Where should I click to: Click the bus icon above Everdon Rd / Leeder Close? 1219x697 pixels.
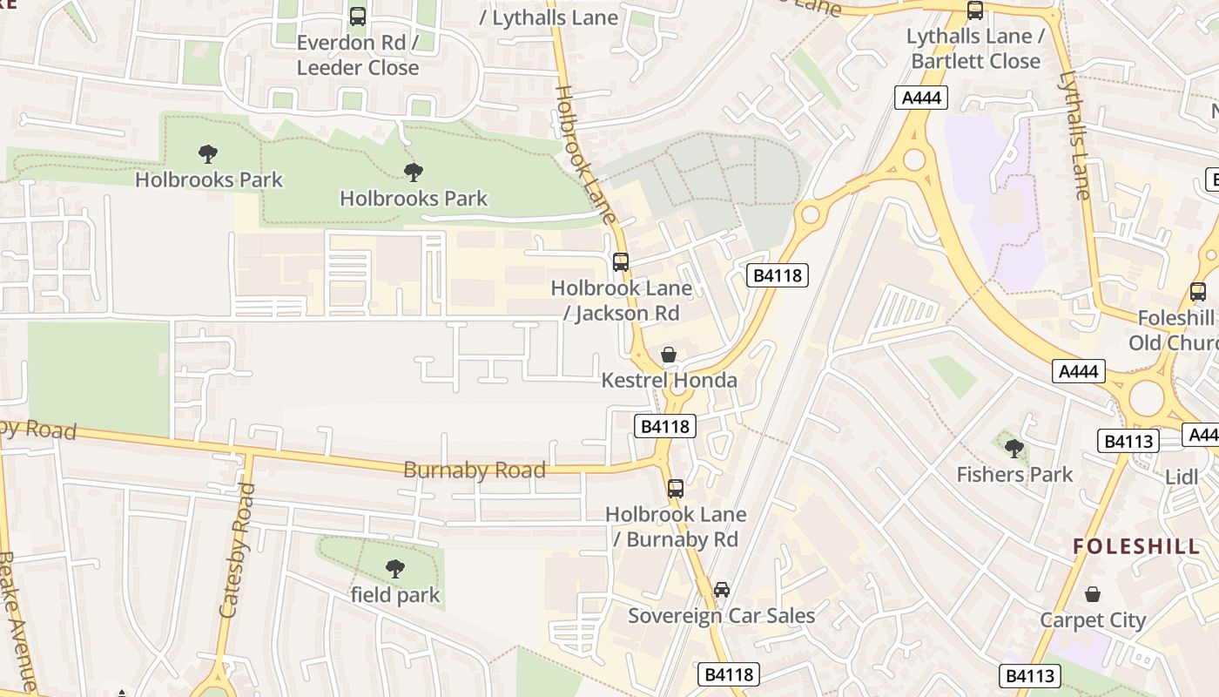(358, 16)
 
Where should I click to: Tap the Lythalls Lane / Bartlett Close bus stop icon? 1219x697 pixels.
(975, 10)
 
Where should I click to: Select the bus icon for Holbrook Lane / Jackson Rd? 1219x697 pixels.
(621, 261)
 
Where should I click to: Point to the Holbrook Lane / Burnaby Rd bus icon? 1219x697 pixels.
(676, 488)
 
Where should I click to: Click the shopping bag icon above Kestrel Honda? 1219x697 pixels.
(669, 355)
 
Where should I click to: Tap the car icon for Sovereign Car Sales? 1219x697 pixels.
(722, 590)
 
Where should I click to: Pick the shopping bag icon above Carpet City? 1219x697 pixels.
(1093, 594)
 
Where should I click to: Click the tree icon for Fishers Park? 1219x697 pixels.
(1014, 449)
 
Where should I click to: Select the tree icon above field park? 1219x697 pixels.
(395, 569)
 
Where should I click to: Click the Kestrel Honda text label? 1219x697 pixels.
(669, 381)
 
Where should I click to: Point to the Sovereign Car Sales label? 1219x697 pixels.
(722, 616)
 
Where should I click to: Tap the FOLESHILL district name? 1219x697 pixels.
(1136, 546)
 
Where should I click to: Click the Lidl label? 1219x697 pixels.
(1182, 477)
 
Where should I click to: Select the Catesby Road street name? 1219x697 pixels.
(237, 551)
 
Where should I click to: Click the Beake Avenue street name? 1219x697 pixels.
(19, 619)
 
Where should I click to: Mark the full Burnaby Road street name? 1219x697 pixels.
(475, 470)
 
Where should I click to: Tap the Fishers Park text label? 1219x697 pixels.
(1014, 475)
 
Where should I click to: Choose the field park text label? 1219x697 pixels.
(395, 595)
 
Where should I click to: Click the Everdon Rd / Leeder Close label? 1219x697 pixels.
(358, 55)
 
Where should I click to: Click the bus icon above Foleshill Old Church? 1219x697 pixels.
(1198, 292)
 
